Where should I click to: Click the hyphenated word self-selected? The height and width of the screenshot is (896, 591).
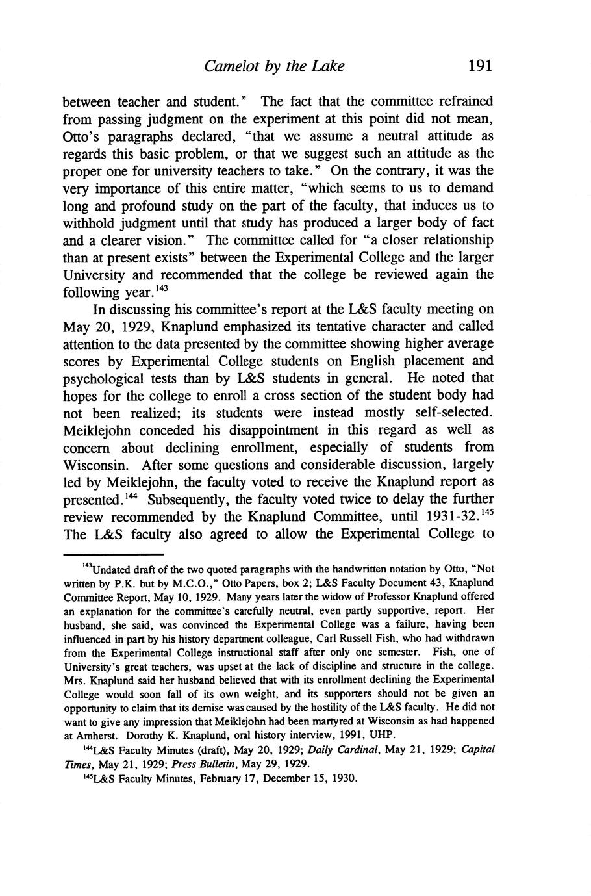[447, 413]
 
